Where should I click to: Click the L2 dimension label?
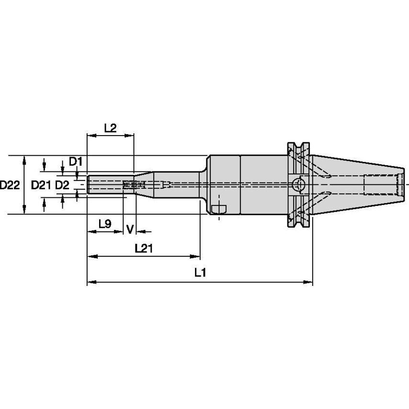click(x=110, y=128)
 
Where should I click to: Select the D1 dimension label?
click(x=75, y=161)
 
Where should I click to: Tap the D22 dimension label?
click(x=10, y=185)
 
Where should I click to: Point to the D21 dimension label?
click(x=41, y=185)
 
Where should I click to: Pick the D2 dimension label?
click(x=62, y=185)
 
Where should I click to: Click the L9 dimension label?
click(x=105, y=223)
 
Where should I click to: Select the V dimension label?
click(x=129, y=229)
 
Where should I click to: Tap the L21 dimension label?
click(x=144, y=248)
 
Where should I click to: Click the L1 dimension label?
click(x=200, y=273)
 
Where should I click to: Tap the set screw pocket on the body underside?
click(x=219, y=208)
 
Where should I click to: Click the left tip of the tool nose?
click(x=88, y=184)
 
